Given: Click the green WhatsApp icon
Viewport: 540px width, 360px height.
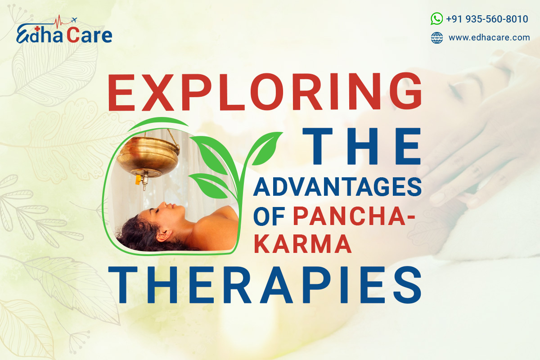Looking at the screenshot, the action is (x=436, y=18).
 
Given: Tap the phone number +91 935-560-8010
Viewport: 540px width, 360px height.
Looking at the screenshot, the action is (x=487, y=19).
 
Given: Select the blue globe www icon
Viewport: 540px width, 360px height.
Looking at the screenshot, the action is (x=437, y=38).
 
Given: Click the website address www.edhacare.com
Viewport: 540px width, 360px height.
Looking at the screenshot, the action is (x=489, y=38).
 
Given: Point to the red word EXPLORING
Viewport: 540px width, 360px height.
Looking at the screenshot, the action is (x=265, y=92).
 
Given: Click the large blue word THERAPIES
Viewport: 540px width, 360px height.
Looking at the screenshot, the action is (x=265, y=285).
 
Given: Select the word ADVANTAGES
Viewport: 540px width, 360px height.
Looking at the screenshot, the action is (x=337, y=187).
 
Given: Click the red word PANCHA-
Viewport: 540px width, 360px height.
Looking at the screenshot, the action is (x=354, y=216).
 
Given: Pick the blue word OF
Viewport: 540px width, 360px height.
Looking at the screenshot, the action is (x=269, y=216).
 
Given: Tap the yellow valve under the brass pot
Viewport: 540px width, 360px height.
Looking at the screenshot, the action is (x=138, y=180).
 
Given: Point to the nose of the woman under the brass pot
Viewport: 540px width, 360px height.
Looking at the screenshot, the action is (x=165, y=204).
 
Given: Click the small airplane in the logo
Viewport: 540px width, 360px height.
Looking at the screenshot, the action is (x=74, y=20).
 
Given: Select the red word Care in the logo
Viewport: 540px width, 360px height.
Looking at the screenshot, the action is (x=90, y=35).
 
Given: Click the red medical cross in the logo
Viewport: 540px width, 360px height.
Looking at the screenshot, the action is (x=37, y=29).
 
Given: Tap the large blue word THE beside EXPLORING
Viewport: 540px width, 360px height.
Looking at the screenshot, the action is (x=362, y=146).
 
